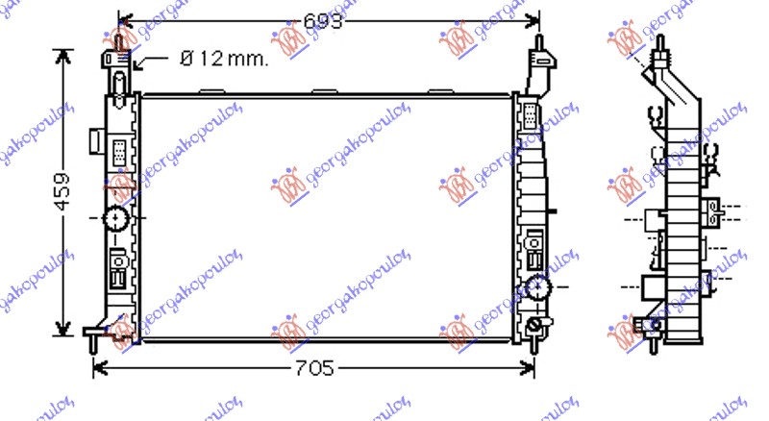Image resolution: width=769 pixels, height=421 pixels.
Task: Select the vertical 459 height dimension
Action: click(x=62, y=192)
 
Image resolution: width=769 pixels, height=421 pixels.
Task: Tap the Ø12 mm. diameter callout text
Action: click(x=224, y=59)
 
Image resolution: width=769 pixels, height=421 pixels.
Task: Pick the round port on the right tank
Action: click(x=537, y=286)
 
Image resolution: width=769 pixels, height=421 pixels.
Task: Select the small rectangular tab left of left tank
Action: click(x=95, y=141)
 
